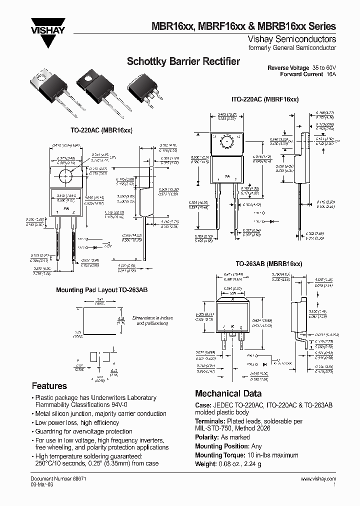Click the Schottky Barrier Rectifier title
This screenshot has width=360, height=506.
coord(183,61)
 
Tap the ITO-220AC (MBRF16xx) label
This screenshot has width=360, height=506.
coord(264,99)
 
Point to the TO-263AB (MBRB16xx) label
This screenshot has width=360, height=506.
coord(269,262)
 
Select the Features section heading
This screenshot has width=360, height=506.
coord(49,386)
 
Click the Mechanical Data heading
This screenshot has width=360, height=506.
coord(228,393)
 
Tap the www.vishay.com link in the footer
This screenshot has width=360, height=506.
coord(318,479)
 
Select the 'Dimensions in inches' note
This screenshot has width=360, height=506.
coord(152,318)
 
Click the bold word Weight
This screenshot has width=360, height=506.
coord(205,464)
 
